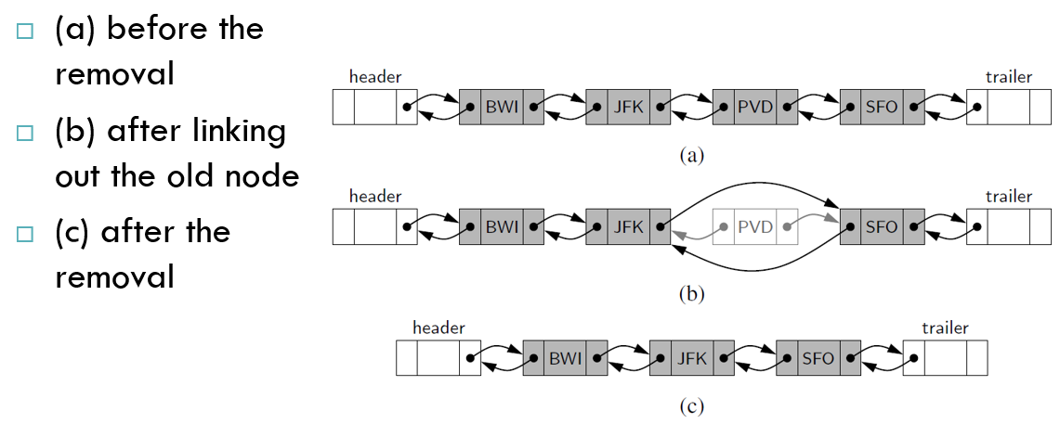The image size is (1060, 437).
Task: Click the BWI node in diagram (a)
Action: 502,107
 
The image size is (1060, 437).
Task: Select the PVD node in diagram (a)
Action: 755,107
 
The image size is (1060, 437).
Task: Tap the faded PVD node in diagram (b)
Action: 755,226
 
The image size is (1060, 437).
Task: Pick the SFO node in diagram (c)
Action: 818,358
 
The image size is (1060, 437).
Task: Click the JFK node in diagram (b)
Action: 628,226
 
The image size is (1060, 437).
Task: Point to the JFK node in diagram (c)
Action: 691,358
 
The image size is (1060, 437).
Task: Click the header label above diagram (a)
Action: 375,77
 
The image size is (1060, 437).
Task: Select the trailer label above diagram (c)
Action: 945,329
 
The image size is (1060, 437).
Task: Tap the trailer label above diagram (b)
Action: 1009,197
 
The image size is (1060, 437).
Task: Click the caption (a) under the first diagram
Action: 691,156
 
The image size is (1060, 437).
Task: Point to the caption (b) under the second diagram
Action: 691,294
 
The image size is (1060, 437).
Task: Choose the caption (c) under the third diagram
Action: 691,406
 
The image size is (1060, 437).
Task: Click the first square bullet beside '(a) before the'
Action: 24,31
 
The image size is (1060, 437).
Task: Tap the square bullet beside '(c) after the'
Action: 24,234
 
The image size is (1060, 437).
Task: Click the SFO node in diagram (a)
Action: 882,107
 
